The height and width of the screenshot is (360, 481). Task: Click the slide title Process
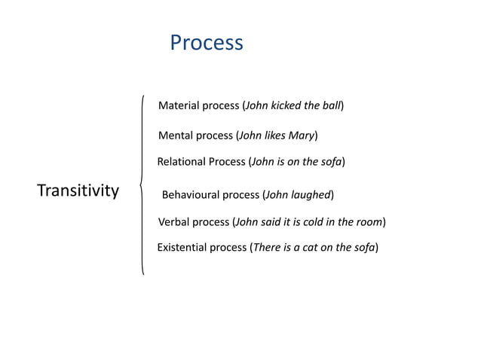[x=207, y=42]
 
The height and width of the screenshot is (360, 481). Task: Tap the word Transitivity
[x=78, y=191]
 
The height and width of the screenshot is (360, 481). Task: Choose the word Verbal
[x=174, y=222]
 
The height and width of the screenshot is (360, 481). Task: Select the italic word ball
[x=332, y=105]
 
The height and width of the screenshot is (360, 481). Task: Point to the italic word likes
[x=275, y=136]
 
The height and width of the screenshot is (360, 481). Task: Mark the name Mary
[x=302, y=136]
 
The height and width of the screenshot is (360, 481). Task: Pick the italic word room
[x=369, y=222]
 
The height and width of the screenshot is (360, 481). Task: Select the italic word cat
[x=311, y=247]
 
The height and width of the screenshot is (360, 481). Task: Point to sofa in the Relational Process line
[x=331, y=161]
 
